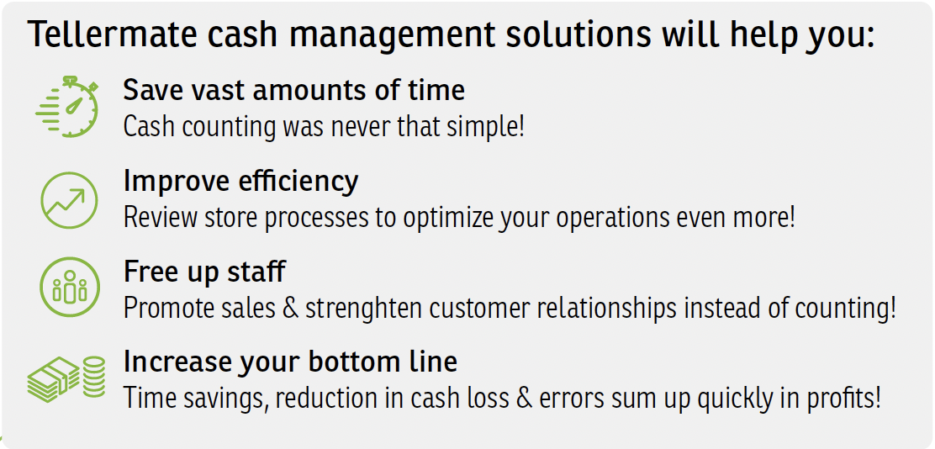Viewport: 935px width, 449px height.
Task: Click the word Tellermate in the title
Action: tap(113, 34)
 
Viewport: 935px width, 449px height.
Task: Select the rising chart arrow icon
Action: tap(69, 200)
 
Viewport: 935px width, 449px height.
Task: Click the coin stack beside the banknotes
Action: tap(93, 377)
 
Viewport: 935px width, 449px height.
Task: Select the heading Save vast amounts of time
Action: tap(294, 90)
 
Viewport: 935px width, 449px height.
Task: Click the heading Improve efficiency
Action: tap(241, 181)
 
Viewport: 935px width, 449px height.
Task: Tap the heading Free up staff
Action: tap(204, 272)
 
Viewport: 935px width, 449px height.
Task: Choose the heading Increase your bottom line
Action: tap(290, 362)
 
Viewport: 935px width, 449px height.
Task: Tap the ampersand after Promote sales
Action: tap(290, 309)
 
